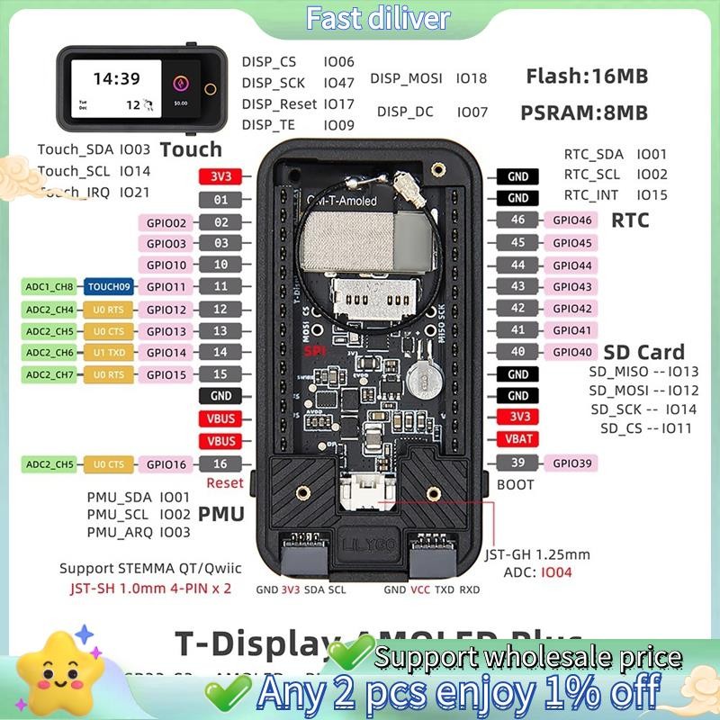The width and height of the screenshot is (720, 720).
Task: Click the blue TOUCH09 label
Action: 108,287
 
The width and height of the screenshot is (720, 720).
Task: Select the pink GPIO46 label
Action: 572,220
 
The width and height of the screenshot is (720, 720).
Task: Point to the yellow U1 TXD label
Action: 108,353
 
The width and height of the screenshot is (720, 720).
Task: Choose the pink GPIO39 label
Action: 572,463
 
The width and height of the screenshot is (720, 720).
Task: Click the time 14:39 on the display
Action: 116,78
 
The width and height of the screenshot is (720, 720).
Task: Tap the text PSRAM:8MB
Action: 583,112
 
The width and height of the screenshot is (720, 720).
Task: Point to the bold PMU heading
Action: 221,514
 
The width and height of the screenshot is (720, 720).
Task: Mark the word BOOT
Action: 516,484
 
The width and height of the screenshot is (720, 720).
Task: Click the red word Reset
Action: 225,483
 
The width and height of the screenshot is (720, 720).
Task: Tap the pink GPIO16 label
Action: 166,463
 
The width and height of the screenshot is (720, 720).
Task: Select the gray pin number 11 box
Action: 221,287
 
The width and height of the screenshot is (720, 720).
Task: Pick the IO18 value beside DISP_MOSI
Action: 471,78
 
